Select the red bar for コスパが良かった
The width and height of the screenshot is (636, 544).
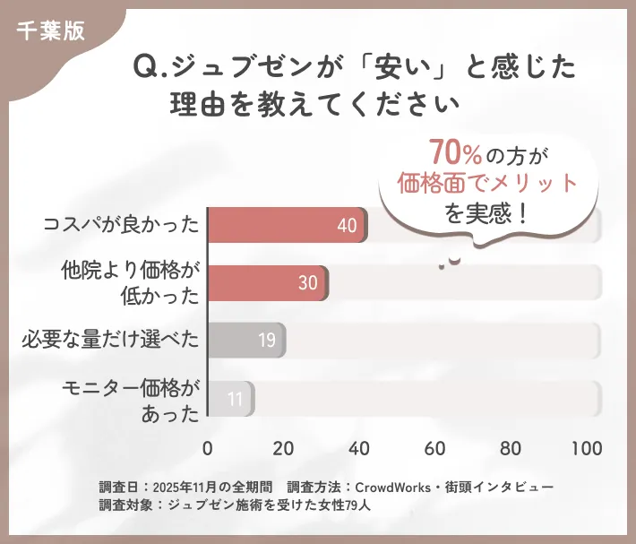click(x=287, y=225)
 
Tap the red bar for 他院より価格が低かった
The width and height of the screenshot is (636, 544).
click(x=267, y=282)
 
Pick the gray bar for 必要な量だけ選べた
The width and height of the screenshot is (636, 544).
click(x=246, y=341)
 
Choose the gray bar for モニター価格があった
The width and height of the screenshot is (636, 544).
click(x=231, y=399)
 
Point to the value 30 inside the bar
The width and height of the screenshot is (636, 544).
click(x=307, y=283)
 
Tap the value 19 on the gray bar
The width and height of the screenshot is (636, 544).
click(x=266, y=341)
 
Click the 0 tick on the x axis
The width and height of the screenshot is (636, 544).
click(x=208, y=448)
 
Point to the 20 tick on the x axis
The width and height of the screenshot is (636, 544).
click(x=284, y=448)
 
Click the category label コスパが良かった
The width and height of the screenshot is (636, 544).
click(x=121, y=224)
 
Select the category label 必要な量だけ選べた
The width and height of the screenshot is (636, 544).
click(x=110, y=341)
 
